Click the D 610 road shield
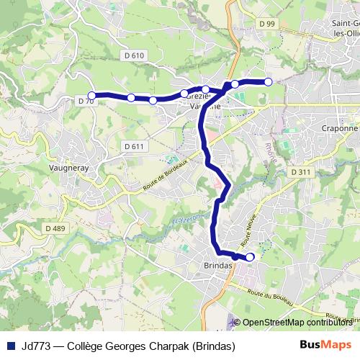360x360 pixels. pyautogui.click(x=134, y=55)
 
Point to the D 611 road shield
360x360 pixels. pyautogui.click(x=135, y=146)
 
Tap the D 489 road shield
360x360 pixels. pyautogui.click(x=55, y=228)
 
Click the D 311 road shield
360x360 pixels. pyautogui.click(x=302, y=172)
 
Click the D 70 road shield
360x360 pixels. pyautogui.click(x=85, y=102)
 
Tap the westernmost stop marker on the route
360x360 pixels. pyautogui.click(x=91, y=95)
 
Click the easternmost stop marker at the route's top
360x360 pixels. pyautogui.click(x=269, y=82)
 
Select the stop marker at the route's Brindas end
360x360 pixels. pyautogui.click(x=250, y=257)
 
